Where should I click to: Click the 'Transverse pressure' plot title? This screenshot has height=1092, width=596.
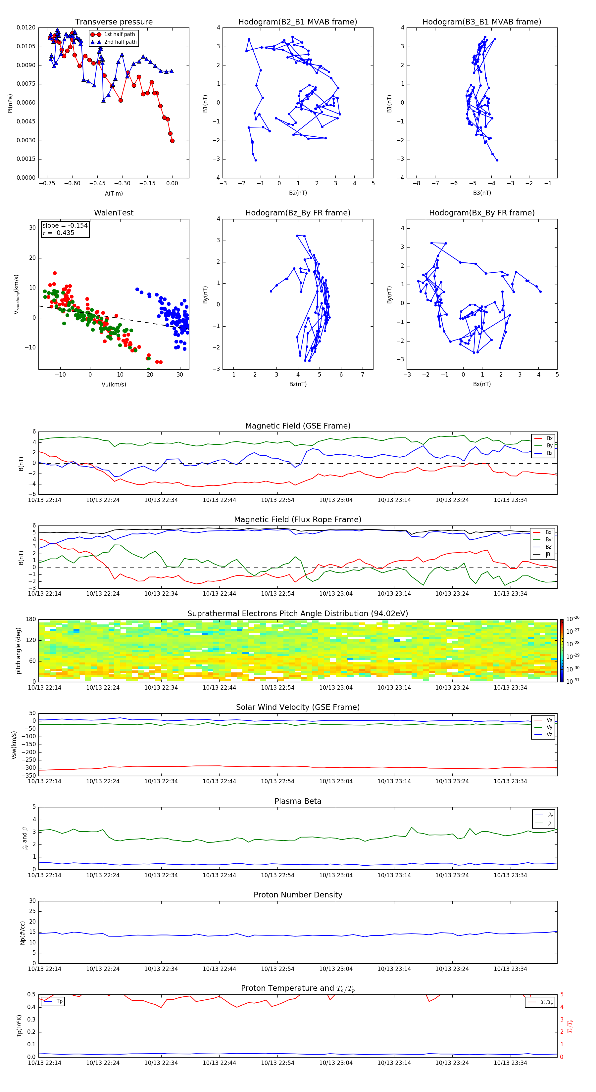(x=114, y=22)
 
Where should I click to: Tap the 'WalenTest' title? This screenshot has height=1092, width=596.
(x=114, y=213)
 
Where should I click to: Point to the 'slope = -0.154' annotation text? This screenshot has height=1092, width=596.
(x=65, y=226)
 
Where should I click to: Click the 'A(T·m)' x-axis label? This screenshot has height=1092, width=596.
(x=114, y=193)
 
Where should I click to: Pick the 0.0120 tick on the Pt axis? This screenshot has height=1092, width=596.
(x=26, y=27)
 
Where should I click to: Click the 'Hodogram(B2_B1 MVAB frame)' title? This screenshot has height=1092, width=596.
(x=297, y=22)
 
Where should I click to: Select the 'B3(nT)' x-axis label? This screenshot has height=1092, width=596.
(x=482, y=193)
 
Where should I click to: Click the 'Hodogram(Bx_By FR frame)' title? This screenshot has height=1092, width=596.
(x=481, y=213)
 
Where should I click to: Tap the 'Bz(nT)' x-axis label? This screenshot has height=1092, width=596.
(x=298, y=384)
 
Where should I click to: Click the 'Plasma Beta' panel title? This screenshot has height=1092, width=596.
(x=298, y=801)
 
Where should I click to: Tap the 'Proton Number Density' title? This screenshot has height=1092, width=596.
(x=298, y=895)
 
